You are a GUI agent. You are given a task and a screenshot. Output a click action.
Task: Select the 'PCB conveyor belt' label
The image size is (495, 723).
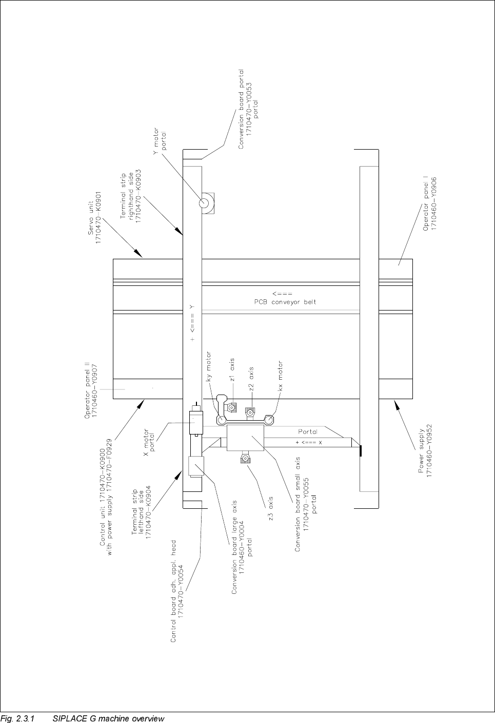(x=285, y=302)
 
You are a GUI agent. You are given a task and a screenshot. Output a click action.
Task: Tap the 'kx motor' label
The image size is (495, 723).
(x=281, y=376)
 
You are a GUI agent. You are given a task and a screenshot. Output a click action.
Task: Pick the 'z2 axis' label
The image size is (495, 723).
(x=251, y=379)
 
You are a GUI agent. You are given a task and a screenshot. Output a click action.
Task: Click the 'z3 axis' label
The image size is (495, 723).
(x=270, y=508)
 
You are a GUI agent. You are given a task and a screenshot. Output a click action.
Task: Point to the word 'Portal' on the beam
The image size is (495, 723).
(x=308, y=432)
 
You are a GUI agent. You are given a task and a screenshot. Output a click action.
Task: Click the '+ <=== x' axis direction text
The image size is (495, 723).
(x=308, y=442)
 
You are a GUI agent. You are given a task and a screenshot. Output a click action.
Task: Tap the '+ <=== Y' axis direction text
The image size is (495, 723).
(x=192, y=322)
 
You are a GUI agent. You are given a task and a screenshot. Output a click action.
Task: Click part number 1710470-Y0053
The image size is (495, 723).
(x=249, y=110)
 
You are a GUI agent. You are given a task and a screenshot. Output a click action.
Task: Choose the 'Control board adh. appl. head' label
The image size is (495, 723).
(x=173, y=591)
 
